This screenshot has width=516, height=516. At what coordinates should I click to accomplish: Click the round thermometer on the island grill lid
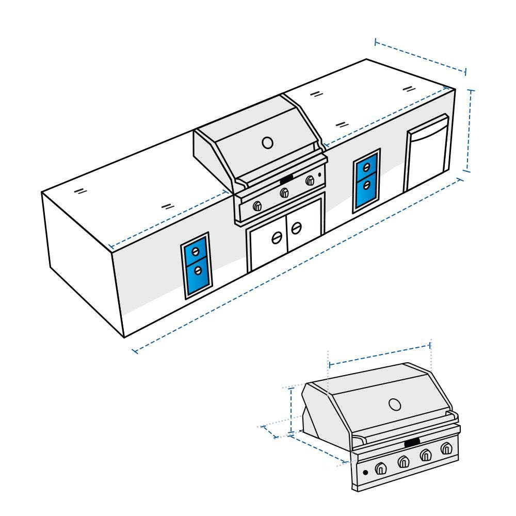point(267,142)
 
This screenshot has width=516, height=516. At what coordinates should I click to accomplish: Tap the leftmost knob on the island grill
point(257,206)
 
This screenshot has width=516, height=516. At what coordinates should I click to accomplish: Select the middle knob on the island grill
point(283,193)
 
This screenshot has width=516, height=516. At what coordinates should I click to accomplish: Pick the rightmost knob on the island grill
point(310,180)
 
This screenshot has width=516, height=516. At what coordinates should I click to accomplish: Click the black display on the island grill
point(286,179)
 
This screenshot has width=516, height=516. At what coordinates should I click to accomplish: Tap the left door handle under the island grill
point(277,237)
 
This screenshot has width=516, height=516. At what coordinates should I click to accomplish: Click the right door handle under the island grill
point(297,227)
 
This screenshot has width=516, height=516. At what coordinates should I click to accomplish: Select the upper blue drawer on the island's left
point(196,251)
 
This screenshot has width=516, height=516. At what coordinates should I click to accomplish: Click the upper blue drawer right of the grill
point(366,168)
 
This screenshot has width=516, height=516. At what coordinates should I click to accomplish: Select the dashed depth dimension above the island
point(420,55)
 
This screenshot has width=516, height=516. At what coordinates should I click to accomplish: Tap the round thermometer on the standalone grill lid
point(395,404)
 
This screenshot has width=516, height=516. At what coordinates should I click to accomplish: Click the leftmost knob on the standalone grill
point(380,467)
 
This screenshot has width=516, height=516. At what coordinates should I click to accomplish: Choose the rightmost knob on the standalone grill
point(446,448)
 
